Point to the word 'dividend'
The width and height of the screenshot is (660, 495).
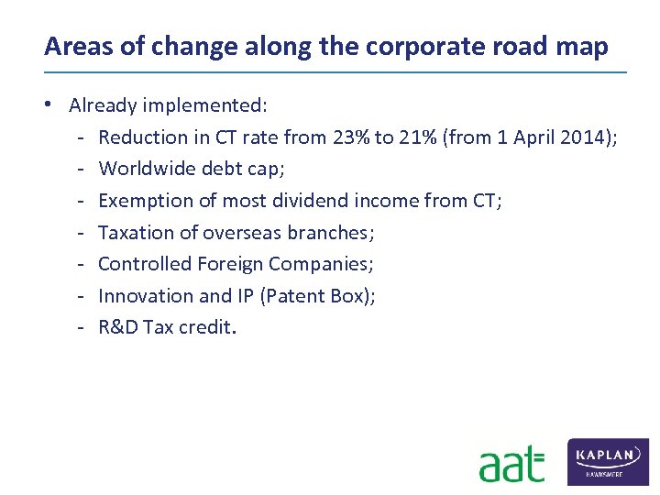point(302,201)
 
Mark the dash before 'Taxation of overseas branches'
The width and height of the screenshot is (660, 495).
point(82,233)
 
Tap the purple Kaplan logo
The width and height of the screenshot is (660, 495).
point(608,461)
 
